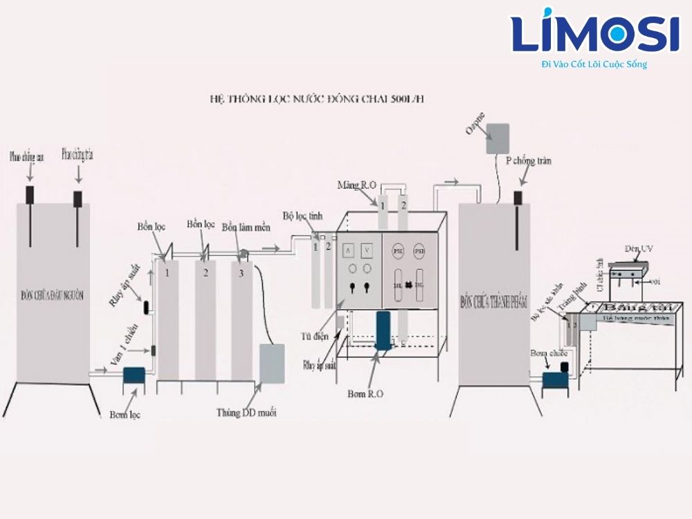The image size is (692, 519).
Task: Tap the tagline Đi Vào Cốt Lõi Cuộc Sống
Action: [594, 64]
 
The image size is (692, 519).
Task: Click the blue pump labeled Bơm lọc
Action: [133, 376]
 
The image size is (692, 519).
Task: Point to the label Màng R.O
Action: [356, 185]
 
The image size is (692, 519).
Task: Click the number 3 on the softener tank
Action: [241, 273]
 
